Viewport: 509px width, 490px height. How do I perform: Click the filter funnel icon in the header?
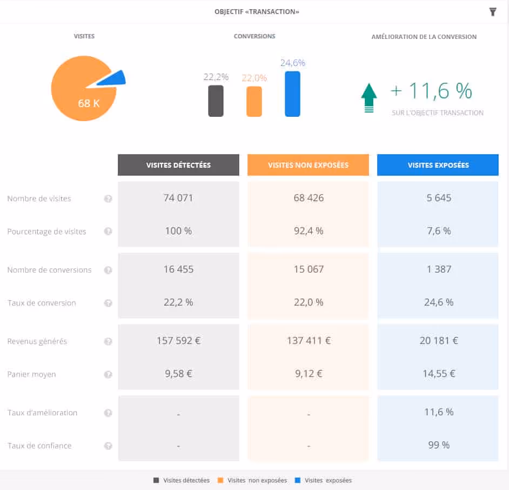coord(493,12)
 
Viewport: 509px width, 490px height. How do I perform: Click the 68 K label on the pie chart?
coord(89,103)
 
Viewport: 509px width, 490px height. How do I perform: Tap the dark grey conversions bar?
coord(216,101)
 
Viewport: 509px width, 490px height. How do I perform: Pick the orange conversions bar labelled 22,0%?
coord(254,102)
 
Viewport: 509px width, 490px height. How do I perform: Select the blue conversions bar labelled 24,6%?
coord(292,94)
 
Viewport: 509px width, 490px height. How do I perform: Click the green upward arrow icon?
coord(369,98)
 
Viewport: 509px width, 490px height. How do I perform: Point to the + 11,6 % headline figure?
coord(431,91)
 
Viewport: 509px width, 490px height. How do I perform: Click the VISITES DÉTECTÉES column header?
coord(178,165)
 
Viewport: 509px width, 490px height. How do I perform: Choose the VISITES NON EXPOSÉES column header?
coord(308,165)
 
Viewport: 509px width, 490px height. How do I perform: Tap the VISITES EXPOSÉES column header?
coord(438,165)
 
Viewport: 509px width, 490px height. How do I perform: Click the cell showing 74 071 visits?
coord(178,198)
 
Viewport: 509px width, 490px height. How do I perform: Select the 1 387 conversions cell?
coord(438,269)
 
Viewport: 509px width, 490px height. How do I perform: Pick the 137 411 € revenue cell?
coord(308,341)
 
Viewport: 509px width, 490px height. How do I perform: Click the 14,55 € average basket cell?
coord(438,374)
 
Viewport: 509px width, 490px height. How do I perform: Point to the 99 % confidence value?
coord(438,445)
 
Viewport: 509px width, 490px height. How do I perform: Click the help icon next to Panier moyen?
coord(108,374)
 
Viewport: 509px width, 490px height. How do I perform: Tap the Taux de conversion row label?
coord(42,303)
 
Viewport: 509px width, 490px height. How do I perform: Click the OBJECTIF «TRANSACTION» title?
coord(257,12)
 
